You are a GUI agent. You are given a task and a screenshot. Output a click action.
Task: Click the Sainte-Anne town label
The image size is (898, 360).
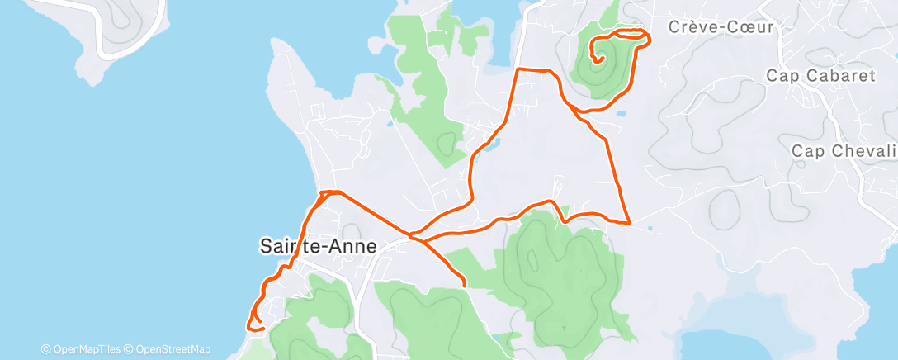point(318,246)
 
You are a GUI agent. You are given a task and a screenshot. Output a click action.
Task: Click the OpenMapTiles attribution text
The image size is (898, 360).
point(86,349)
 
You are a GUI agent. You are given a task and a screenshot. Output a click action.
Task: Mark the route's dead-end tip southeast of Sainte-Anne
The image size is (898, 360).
point(465,286)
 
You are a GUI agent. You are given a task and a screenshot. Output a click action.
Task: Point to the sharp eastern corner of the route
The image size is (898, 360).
point(630,223)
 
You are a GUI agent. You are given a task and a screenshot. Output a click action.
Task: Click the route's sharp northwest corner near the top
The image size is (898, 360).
point(518,70)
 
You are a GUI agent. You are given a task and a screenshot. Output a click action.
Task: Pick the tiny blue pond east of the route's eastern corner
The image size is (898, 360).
point(652,228)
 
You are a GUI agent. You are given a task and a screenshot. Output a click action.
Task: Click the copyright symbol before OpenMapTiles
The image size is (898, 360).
point(46,349)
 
